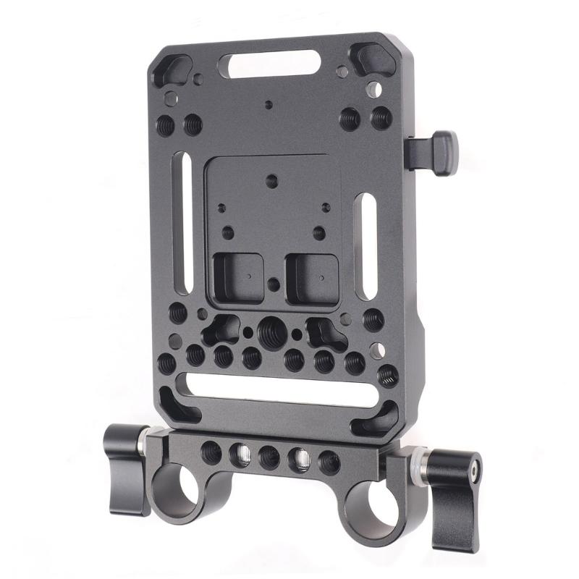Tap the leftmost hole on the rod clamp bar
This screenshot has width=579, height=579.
(211, 453)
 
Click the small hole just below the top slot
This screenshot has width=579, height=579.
(269, 104)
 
